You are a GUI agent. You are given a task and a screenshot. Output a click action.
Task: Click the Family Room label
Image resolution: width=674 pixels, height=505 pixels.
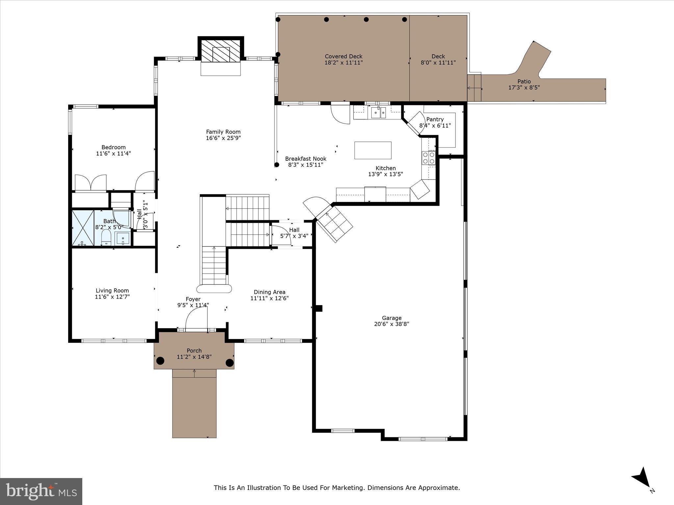pos(223,132)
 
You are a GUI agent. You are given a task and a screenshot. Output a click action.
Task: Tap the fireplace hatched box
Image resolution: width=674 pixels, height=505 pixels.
pos(220,51)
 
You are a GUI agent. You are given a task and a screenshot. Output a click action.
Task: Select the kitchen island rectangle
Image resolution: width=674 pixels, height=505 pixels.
pos(373,151)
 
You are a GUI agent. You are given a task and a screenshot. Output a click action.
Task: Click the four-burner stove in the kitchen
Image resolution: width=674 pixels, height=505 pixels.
pos(428,158)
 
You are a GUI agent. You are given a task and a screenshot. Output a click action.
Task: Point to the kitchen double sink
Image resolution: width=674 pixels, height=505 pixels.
pos(378,113)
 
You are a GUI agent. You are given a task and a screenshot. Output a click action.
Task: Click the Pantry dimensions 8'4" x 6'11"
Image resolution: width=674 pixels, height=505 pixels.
pos(435,126)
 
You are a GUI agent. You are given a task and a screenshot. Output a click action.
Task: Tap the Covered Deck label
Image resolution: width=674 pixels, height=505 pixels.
pos(343,56)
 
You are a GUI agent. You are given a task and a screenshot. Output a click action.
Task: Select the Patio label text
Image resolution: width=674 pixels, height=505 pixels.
pos(524,82)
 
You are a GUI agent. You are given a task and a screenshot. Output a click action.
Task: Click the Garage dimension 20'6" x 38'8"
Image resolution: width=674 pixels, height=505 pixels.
pos(391,324)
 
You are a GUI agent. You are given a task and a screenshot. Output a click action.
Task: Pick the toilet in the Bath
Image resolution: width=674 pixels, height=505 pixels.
pos(106,237)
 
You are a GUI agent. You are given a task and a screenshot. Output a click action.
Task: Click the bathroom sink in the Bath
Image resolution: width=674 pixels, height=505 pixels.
pos(123,238)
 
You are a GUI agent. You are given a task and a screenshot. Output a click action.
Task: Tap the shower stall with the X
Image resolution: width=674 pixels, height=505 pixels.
pos(83,228)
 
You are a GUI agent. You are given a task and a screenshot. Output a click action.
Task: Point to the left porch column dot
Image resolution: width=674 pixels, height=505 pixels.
pos(160,361)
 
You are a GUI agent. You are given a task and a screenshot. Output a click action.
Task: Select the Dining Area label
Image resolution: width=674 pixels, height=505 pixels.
pos(269,292)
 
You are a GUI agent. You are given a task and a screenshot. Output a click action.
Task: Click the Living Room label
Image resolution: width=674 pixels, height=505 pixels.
pos(112,291)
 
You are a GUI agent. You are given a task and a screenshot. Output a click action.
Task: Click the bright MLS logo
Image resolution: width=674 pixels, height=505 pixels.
pos(41,491)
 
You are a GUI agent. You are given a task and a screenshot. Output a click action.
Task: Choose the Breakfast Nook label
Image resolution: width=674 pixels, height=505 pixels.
pos(305,158)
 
